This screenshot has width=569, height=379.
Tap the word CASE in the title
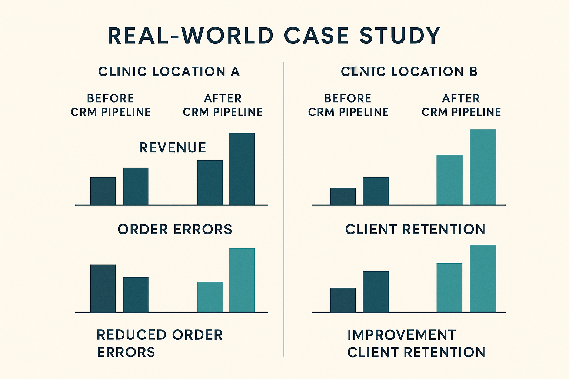pyautogui.click(x=316, y=36)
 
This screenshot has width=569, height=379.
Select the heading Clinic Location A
pyautogui.click(x=169, y=71)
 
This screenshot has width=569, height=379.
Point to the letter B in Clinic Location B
pyautogui.click(x=473, y=71)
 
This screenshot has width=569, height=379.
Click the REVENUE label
pyautogui.click(x=172, y=148)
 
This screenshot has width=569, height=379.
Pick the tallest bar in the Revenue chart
pyautogui.click(x=242, y=169)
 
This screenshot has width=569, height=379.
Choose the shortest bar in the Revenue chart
pyautogui.click(x=103, y=191)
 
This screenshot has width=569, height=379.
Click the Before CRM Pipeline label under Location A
pyautogui.click(x=111, y=105)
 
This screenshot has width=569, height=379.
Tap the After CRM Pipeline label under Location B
pyautogui.click(x=461, y=105)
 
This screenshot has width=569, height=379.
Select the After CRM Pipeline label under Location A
pyautogui.click(x=223, y=105)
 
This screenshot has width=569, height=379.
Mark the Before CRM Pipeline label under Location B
pyautogui.click(x=348, y=105)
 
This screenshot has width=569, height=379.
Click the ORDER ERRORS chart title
pyautogui.click(x=174, y=229)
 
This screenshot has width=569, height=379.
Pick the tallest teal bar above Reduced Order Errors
pyautogui.click(x=242, y=280)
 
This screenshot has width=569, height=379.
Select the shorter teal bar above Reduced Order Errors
pyautogui.click(x=210, y=297)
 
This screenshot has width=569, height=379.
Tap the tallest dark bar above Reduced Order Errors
pyautogui.click(x=103, y=289)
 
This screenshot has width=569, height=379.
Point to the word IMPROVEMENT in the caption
pyautogui.click(x=402, y=335)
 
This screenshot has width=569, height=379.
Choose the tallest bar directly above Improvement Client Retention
pyautogui.click(x=483, y=279)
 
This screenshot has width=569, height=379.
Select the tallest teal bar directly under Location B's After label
pyautogui.click(x=483, y=167)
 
